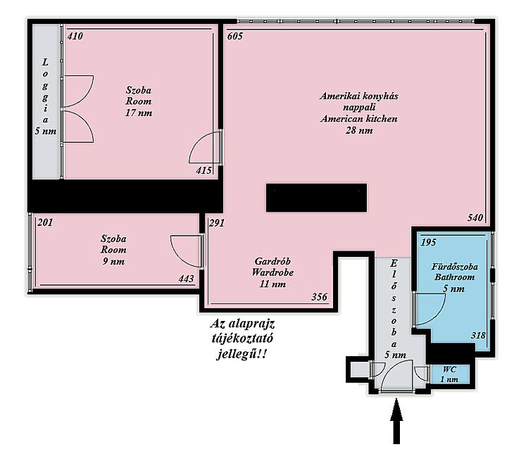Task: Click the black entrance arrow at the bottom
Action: tap(396, 421)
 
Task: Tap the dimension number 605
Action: tap(235, 36)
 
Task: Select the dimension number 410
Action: tap(75, 36)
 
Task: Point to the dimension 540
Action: tap(475, 217)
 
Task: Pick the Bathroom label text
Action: tap(454, 277)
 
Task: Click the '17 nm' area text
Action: tap(139, 113)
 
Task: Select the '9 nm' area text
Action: tap(113, 261)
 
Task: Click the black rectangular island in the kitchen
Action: tap(316, 198)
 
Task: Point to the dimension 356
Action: tap(319, 296)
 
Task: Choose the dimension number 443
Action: tap(186, 279)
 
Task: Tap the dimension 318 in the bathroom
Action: tap(478, 335)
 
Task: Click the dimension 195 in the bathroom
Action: tap(428, 242)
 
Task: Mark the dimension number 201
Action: tap(45, 222)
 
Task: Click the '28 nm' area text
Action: tap(359, 130)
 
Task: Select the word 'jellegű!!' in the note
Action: tap(241, 354)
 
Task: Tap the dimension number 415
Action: tap(204, 170)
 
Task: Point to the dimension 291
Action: tap(217, 223)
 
